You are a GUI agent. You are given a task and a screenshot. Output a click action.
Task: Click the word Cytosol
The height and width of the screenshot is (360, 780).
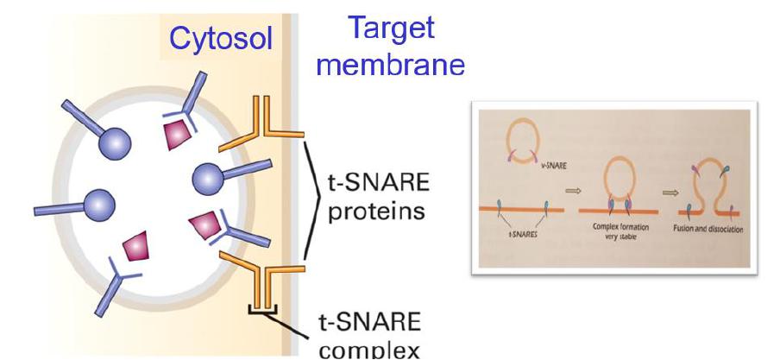click(x=219, y=39)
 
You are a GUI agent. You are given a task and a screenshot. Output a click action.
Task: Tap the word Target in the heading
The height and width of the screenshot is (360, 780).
click(x=391, y=28)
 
